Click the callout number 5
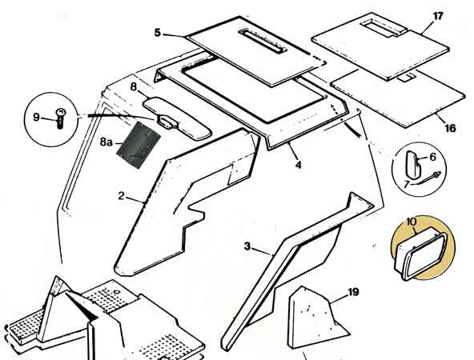[158, 32]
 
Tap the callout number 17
[438, 16]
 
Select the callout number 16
[450, 128]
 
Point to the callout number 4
[299, 165]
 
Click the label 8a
[106, 142]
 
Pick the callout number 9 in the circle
[36, 117]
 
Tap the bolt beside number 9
[60, 118]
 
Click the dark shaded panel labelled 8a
[139, 145]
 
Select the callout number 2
[121, 196]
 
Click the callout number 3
[247, 246]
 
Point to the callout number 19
[353, 292]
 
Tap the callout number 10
[411, 222]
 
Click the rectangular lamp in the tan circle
[421, 254]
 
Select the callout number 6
[433, 157]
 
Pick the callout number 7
[407, 183]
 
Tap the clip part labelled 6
[413, 164]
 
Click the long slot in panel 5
[263, 42]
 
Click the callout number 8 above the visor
[134, 87]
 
